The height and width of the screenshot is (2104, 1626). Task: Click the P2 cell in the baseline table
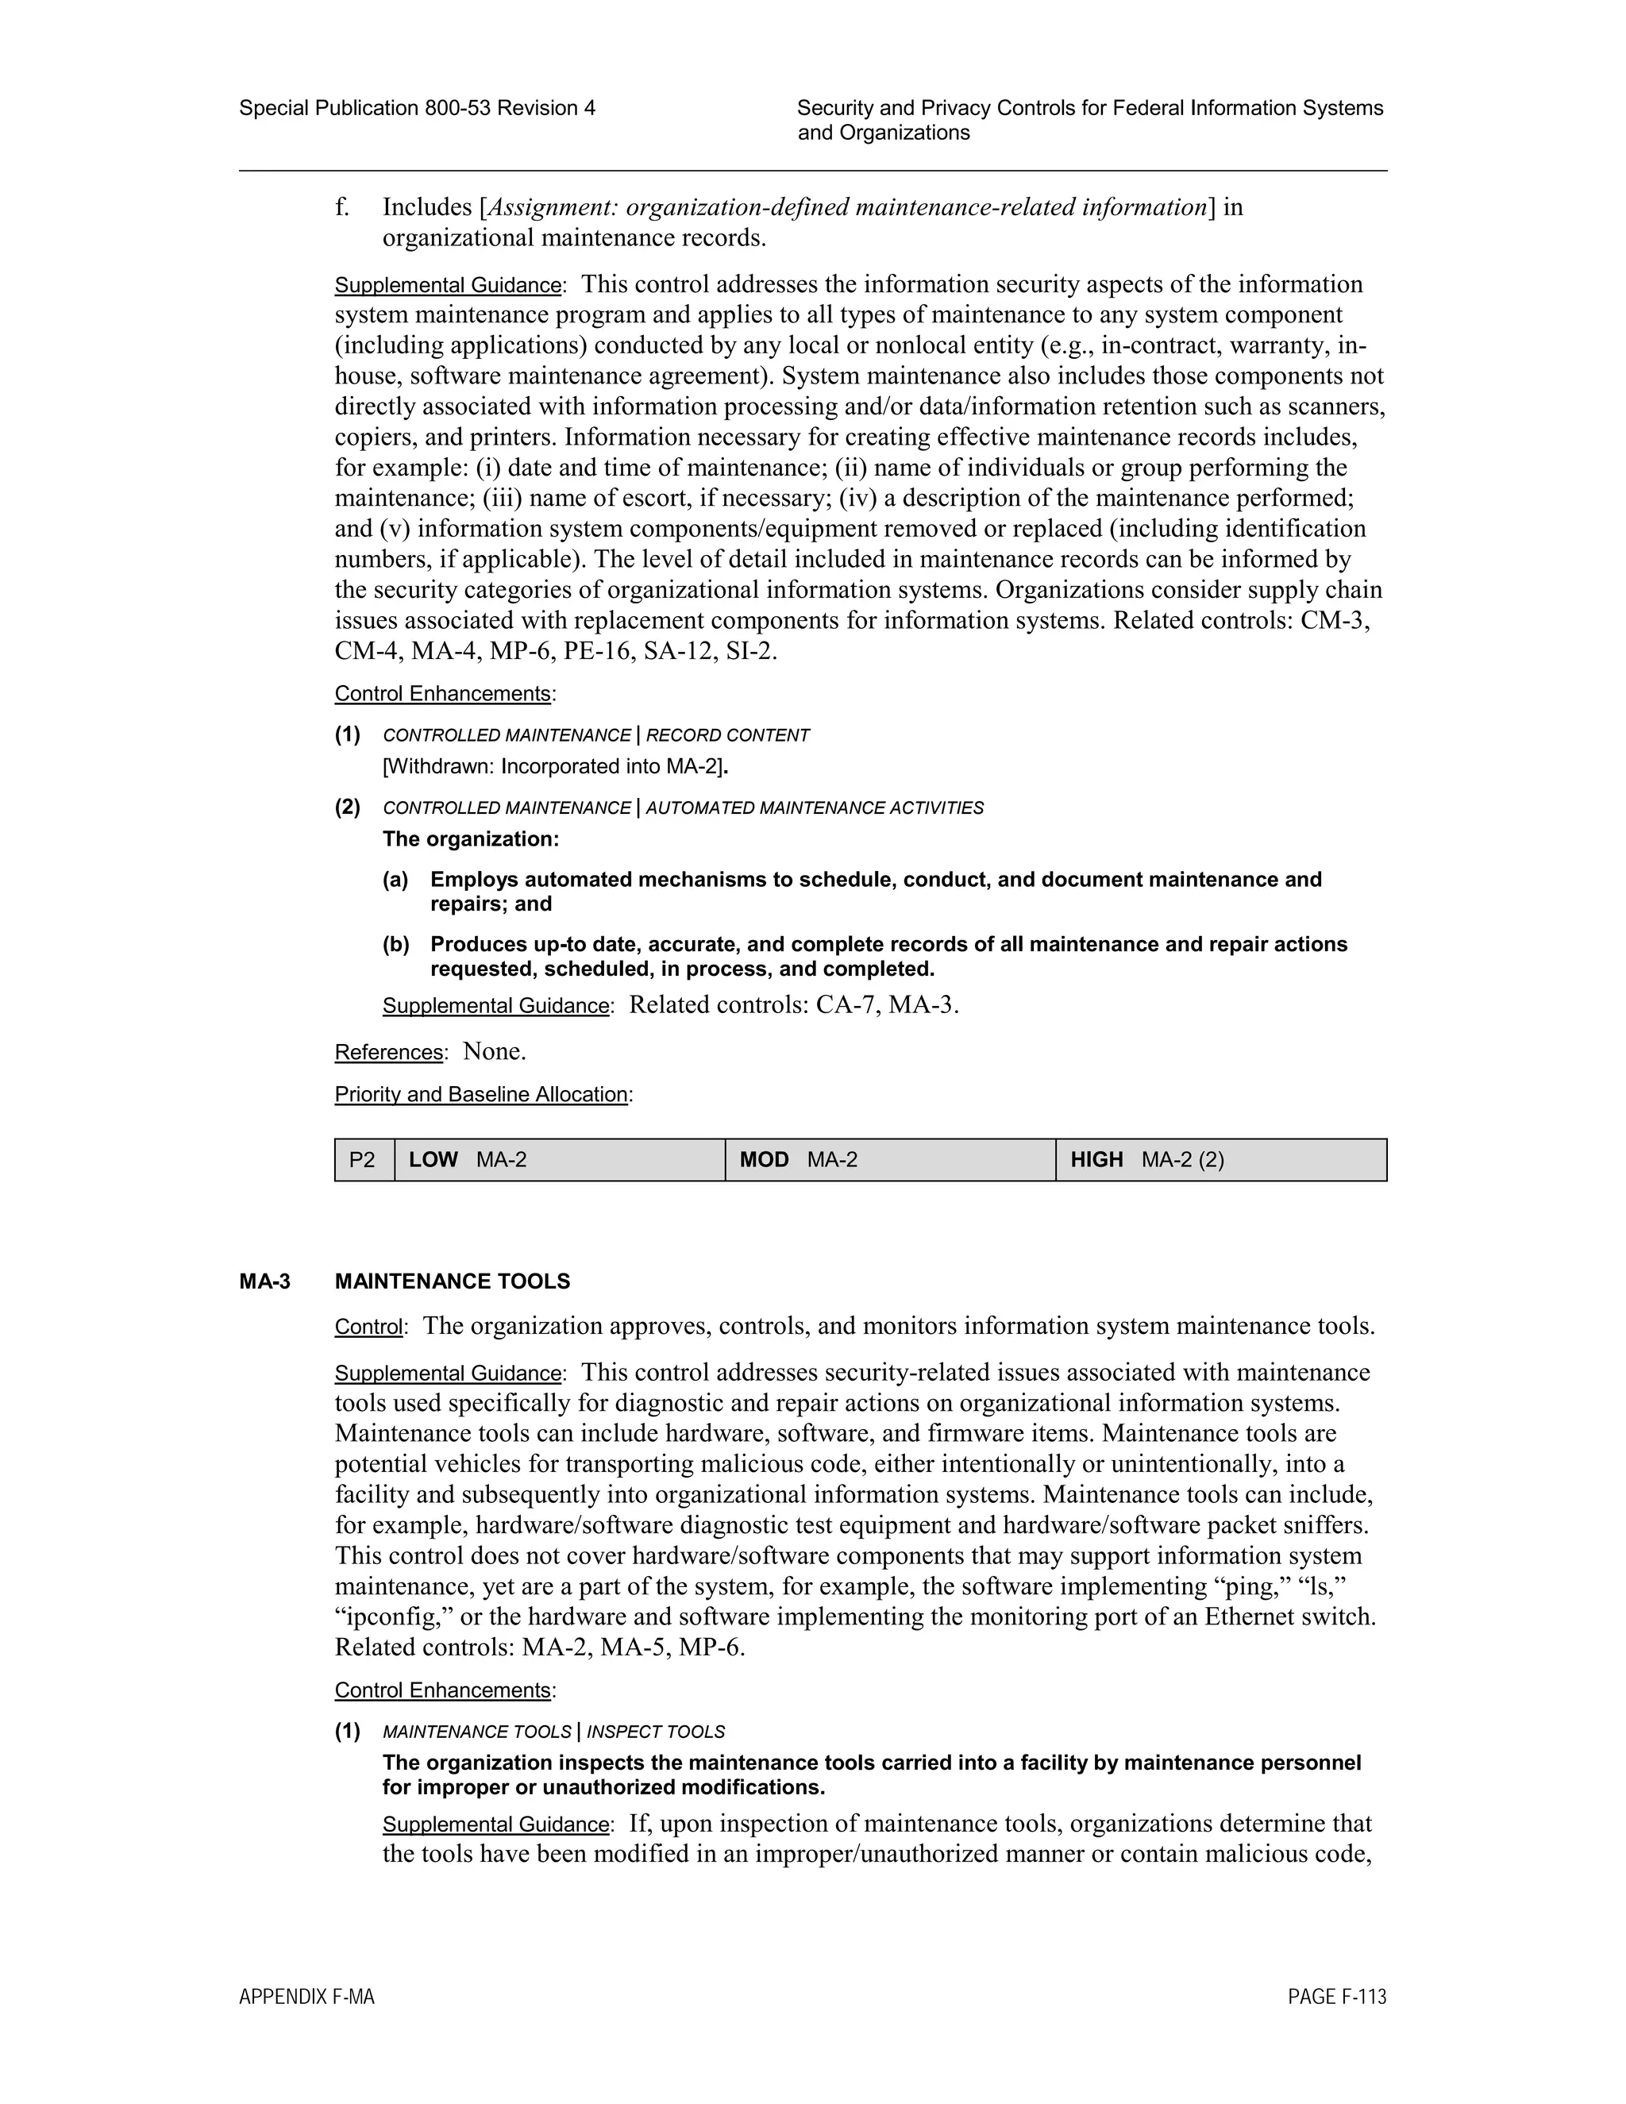(x=362, y=1160)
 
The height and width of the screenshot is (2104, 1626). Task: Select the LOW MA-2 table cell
(x=559, y=1160)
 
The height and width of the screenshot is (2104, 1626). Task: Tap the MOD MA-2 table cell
(x=889, y=1160)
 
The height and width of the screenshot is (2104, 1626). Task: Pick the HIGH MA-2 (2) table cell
(x=1220, y=1160)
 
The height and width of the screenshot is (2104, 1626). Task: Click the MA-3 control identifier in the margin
(x=265, y=1281)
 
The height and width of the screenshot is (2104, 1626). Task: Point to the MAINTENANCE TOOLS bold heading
(x=452, y=1281)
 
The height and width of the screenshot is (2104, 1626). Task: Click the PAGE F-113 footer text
(x=1337, y=1997)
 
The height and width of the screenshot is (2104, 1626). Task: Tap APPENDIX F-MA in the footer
(x=306, y=1997)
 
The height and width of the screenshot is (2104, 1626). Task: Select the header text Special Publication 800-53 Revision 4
(x=417, y=108)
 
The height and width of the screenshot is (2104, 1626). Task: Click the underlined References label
(x=389, y=1052)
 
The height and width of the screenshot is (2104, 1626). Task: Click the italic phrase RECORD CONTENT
(x=727, y=735)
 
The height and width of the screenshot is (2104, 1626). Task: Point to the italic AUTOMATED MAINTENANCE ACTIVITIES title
(x=814, y=807)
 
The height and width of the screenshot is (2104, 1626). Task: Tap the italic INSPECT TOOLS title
(x=655, y=1732)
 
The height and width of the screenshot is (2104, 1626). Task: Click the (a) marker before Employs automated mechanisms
(x=395, y=880)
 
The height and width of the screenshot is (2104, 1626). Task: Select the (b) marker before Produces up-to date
(x=395, y=944)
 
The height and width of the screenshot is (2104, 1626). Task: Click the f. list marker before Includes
(x=342, y=207)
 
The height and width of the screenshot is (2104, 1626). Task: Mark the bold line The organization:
(x=470, y=839)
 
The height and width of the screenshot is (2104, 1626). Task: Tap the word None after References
(x=493, y=1051)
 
